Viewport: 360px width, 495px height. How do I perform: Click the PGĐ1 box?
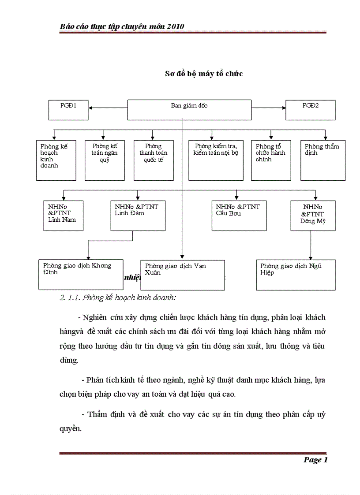68,110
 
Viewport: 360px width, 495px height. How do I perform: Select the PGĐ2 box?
310,110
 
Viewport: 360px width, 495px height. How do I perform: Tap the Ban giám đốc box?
189,110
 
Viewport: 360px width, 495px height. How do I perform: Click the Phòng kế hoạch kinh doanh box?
55,160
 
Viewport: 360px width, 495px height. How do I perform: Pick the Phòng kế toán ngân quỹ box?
105,160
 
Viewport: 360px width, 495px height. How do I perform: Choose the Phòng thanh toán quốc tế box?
154,160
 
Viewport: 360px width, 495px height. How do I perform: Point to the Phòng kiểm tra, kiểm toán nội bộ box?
216,160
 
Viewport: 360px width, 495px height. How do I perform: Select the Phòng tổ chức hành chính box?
271,160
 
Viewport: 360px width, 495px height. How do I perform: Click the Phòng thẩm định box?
323,160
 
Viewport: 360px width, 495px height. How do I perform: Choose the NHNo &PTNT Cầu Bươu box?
239,216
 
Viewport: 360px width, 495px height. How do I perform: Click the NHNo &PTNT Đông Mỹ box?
313,216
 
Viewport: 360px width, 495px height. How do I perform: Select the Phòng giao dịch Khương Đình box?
81,274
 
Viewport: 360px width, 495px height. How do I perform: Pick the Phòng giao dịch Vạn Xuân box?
182,275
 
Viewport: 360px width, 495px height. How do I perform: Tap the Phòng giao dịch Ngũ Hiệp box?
296,275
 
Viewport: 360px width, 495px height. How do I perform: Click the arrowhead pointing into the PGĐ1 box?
90,107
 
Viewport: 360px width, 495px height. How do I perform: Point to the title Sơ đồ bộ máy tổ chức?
204,74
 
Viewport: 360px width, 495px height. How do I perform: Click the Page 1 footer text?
315,460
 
